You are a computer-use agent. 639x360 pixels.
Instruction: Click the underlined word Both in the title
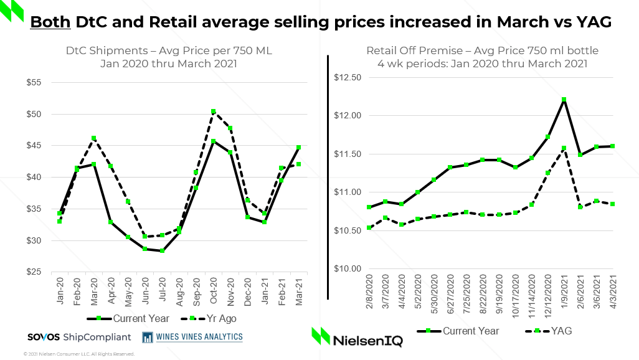click(x=50, y=22)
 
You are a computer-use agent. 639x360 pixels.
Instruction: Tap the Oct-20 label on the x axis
click(x=213, y=291)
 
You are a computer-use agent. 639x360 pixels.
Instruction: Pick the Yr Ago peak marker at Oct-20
click(x=213, y=111)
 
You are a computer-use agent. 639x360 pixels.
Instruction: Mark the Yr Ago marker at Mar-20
click(x=94, y=138)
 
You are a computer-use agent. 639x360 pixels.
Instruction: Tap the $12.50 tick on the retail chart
click(x=348, y=78)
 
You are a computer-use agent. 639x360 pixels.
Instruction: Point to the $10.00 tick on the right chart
click(x=348, y=269)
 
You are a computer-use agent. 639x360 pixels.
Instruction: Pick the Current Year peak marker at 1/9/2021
click(x=564, y=100)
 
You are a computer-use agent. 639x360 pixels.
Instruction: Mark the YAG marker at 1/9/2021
click(x=564, y=148)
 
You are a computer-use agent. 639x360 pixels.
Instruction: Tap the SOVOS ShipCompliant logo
click(x=79, y=337)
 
